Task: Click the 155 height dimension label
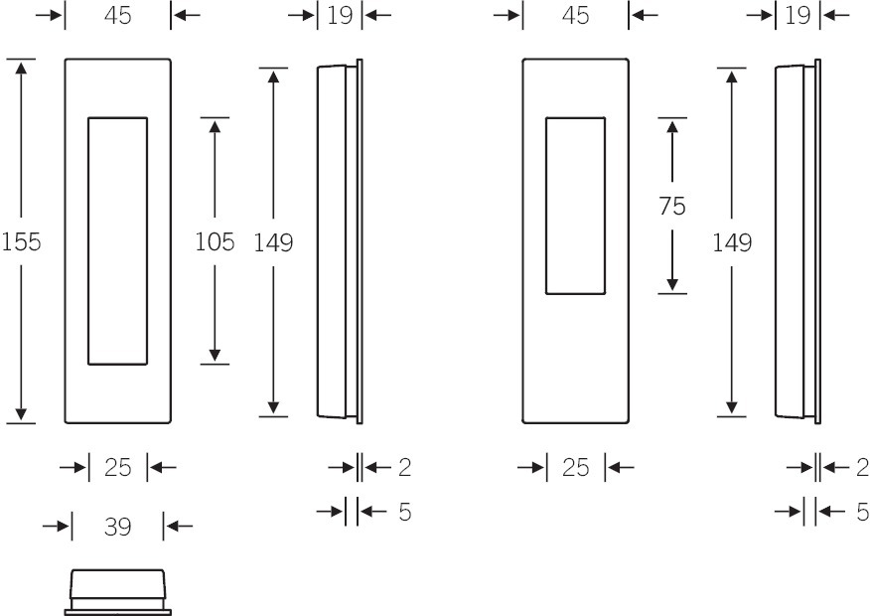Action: coord(21,242)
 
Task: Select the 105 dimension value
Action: coord(215,242)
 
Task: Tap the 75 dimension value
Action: coord(672,207)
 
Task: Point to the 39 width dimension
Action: coord(117,527)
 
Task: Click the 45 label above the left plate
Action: coord(117,16)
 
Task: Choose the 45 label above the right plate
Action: coord(575,16)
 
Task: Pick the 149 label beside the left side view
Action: coord(273,242)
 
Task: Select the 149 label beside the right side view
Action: coord(732,242)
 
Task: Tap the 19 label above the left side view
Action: coord(340,16)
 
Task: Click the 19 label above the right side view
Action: coord(797,16)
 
